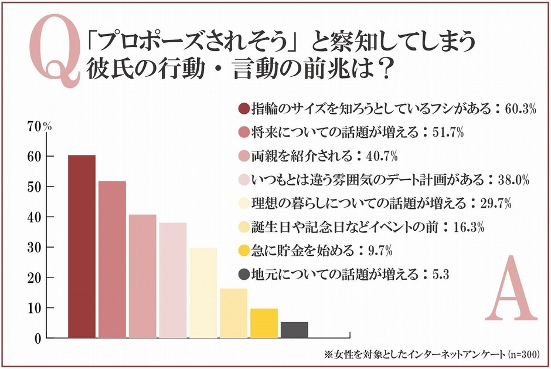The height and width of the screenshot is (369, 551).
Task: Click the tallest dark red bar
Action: coord(81,246)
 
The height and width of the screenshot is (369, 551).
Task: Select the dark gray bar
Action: coord(294,330)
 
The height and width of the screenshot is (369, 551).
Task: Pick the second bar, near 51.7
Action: coord(112,259)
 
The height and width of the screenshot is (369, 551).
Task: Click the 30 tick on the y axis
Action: coord(33,248)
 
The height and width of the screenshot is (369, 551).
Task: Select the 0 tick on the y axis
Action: coord(37,338)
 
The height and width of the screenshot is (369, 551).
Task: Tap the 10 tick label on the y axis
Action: coord(33,308)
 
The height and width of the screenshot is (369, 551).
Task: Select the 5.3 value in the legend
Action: coord(440,274)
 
